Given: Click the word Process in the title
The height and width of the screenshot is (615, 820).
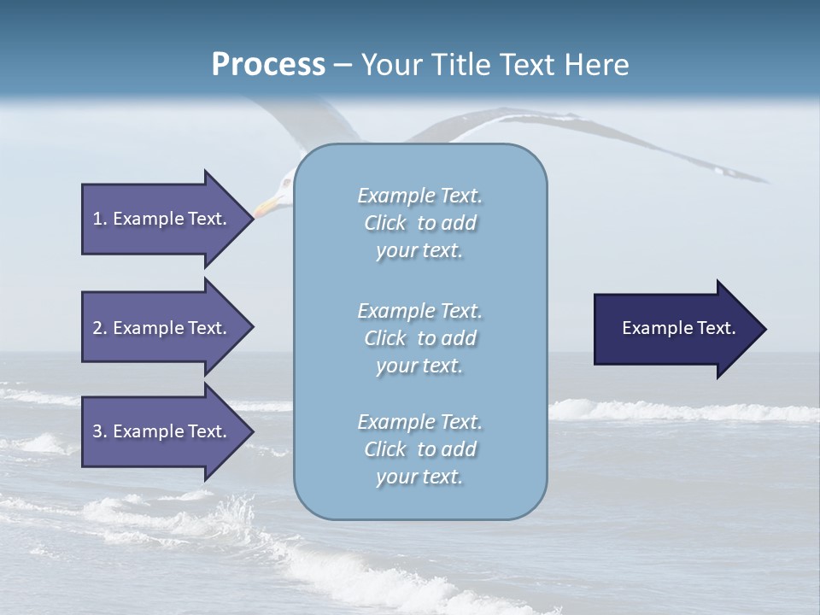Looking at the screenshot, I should click(x=268, y=64).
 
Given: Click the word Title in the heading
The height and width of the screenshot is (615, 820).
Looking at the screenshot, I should click(x=460, y=64).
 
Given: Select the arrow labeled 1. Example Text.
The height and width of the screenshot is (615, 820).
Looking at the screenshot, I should click(x=162, y=219).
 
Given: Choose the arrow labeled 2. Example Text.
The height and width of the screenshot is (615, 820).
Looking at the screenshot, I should click(x=162, y=328).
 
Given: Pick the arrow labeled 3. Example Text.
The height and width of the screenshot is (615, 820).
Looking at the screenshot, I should click(x=162, y=431).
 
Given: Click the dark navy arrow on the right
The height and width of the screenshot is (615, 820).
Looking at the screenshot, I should click(x=675, y=329).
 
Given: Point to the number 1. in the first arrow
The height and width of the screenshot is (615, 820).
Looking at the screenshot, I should click(x=100, y=219).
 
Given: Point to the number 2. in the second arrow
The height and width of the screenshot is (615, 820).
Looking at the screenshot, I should click(x=100, y=328).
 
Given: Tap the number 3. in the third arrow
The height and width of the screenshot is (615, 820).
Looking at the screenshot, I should click(x=100, y=431).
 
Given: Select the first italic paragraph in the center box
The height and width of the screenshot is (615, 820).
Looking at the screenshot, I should click(x=419, y=223).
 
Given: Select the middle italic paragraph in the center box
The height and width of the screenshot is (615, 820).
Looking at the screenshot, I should click(x=419, y=338).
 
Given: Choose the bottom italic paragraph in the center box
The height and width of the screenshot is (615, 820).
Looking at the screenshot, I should click(x=419, y=449).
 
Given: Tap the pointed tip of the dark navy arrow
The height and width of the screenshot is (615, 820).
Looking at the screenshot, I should click(x=764, y=329).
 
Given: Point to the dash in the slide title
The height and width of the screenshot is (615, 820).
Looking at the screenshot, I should click(x=343, y=64).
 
